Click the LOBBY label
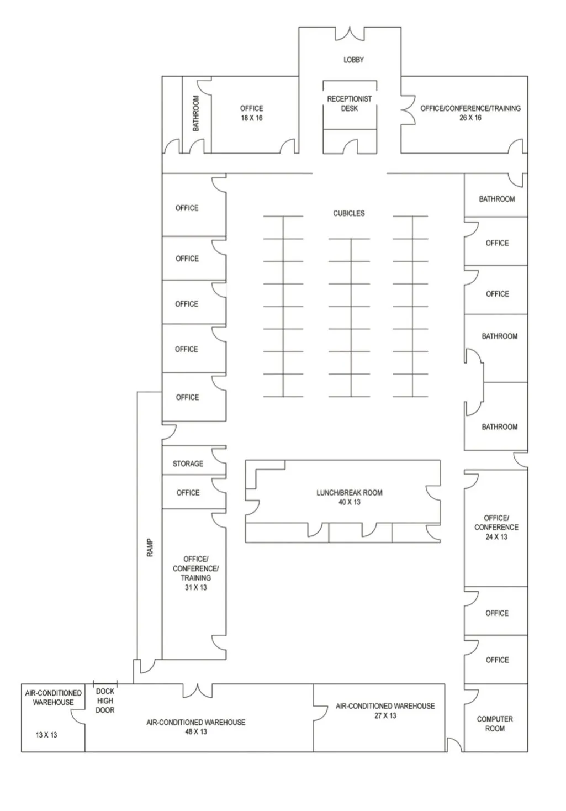(353, 60)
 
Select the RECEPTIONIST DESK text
(349, 104)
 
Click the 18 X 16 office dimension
(251, 118)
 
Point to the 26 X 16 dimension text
(470, 118)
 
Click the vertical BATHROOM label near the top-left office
(195, 114)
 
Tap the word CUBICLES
(348, 213)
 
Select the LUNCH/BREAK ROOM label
(349, 493)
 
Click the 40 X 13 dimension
(349, 502)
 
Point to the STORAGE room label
(188, 464)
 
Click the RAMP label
(150, 547)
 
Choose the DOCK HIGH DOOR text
(105, 701)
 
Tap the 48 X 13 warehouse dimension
(196, 732)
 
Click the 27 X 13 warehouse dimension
(385, 716)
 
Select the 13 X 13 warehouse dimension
(46, 735)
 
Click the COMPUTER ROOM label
(495, 724)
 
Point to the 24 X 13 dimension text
(496, 537)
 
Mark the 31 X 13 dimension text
(195, 588)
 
